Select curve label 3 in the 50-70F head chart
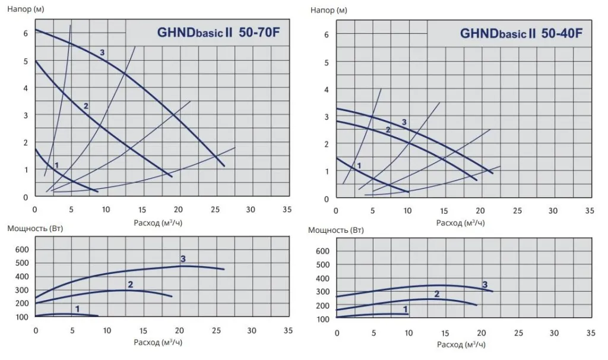click(102, 53)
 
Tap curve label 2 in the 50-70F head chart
click(86, 106)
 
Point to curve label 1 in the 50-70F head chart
click(56, 165)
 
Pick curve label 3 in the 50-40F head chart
click(404, 122)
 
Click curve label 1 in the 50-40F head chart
click(359, 166)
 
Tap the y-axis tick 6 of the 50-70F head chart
click(26, 33)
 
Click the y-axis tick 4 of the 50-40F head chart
click(326, 89)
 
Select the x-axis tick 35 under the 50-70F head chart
click(287, 210)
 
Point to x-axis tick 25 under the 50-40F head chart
click(517, 211)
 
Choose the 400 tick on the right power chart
click(321, 278)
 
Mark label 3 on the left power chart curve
click(183, 258)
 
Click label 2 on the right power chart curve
click(437, 293)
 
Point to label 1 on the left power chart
click(77, 308)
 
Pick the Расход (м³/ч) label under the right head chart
click(460, 223)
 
